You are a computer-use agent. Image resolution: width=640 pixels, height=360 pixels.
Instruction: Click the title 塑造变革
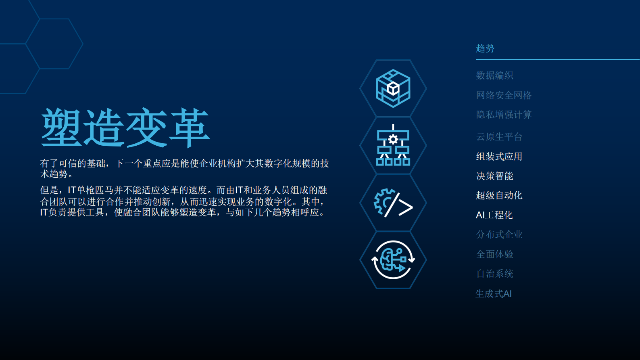[125, 128]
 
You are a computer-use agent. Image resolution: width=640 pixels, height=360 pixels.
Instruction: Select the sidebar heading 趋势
[485, 48]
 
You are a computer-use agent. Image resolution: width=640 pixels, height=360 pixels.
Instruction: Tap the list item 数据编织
[494, 75]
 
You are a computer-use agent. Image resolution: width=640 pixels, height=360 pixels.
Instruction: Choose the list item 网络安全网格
[504, 95]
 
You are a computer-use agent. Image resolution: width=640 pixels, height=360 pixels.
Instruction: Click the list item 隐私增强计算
[504, 115]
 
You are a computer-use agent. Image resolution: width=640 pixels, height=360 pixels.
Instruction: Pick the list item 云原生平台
[499, 137]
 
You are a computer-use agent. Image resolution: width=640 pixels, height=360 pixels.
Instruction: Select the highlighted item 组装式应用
[499, 157]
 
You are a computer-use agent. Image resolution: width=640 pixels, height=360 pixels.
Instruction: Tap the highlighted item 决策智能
[494, 176]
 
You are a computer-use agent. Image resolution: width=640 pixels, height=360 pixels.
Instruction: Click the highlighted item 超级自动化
[499, 195]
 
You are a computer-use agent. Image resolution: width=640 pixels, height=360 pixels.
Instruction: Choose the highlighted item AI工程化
[494, 215]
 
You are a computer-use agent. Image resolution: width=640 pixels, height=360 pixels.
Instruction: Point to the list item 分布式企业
[499, 234]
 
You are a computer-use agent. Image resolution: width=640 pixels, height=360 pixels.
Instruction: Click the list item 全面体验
[494, 254]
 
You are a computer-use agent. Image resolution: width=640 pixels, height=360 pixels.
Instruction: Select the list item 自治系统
[494, 274]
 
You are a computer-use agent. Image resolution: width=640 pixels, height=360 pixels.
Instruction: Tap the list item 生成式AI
[493, 294]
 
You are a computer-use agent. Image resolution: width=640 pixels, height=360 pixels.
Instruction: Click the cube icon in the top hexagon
[393, 88]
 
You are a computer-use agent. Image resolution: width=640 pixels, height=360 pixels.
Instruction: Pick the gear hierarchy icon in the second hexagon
[393, 146]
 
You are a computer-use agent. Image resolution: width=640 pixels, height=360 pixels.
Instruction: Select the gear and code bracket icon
[393, 203]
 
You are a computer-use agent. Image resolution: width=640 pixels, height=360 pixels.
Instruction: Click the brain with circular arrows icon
[393, 260]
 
